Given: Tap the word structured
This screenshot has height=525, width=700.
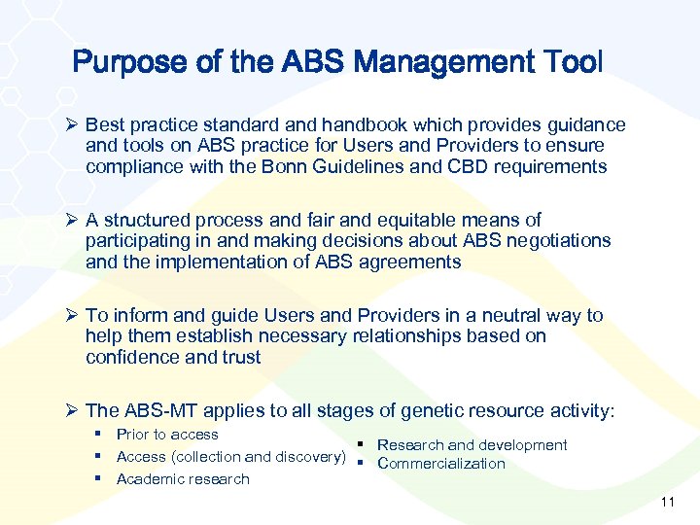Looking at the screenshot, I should click(x=145, y=220).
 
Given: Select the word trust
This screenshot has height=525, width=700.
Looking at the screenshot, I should click(x=239, y=357).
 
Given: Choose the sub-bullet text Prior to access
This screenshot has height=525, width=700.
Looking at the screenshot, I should click(x=167, y=435).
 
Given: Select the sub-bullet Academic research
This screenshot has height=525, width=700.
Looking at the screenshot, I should click(x=183, y=479).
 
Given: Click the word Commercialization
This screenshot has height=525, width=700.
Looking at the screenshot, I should click(x=441, y=464).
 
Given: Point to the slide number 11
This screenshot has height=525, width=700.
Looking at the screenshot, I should click(x=667, y=502).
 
